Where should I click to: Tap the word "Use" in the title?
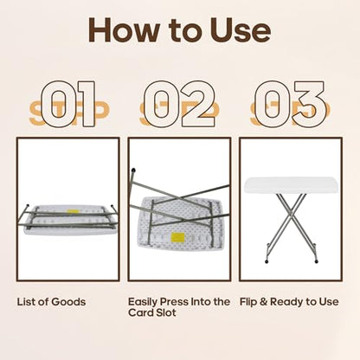[240, 30]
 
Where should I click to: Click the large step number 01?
[68, 104]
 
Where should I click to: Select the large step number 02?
[179, 104]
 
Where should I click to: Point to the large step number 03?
[291, 104]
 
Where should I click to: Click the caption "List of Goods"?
[51, 302]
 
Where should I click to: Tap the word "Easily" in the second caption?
[143, 303]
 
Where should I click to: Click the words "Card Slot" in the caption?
[152, 312]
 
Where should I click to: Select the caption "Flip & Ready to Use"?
[289, 302]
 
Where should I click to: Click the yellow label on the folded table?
[72, 212]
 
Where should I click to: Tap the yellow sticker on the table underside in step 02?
[178, 237]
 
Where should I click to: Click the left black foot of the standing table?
[266, 262]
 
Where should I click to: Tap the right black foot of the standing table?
[317, 261]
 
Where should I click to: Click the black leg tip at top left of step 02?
[133, 170]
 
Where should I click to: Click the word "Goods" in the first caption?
[68, 302]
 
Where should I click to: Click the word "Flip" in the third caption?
[248, 302]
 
